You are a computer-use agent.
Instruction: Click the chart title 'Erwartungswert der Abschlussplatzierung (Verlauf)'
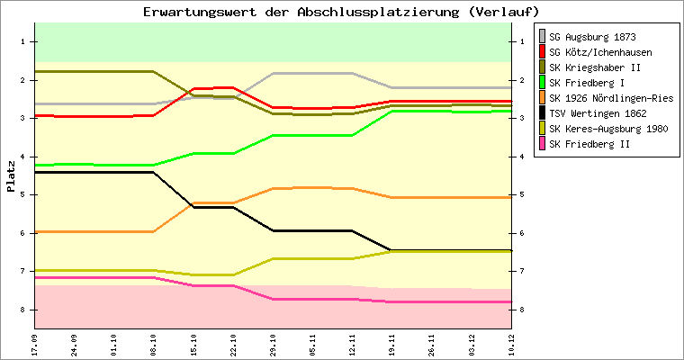(x=341, y=12)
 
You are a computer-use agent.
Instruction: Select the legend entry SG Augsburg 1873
(x=592, y=37)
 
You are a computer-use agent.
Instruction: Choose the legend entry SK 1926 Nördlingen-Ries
(x=610, y=98)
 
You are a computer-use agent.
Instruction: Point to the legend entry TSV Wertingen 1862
(x=598, y=113)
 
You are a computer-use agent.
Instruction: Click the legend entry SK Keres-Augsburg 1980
(x=607, y=129)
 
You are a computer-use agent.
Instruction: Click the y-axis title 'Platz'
(x=11, y=175)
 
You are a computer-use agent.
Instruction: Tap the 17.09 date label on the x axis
(x=34, y=344)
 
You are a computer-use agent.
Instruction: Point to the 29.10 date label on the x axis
(x=273, y=344)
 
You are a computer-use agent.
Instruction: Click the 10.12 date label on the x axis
(x=511, y=344)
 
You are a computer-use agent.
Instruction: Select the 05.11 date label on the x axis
(x=312, y=344)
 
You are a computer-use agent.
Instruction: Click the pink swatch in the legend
(x=542, y=144)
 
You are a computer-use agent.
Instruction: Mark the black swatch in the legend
(x=542, y=113)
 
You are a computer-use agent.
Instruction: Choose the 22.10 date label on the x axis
(x=233, y=344)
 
